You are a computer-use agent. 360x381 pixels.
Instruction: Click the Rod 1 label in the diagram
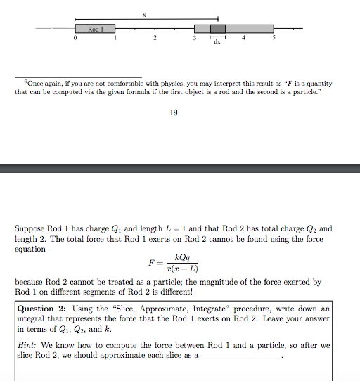[x=96, y=29]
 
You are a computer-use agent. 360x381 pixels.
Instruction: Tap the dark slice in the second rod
[x=218, y=29]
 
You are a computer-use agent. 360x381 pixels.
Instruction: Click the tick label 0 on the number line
[x=75, y=39]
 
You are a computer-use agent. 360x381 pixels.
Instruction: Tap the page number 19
[x=174, y=112]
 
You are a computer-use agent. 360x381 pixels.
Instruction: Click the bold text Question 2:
[x=44, y=309]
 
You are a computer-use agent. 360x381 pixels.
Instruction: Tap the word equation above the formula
[x=30, y=249]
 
